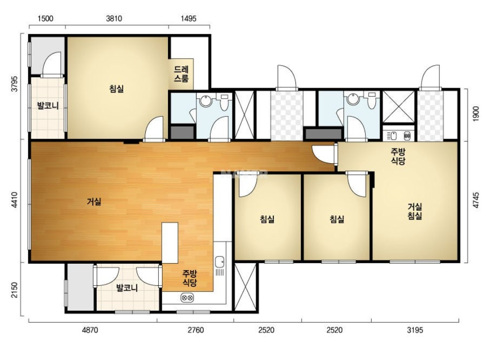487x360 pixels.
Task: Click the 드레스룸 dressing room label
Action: [x=181, y=74]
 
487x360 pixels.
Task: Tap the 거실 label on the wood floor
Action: [x=94, y=202]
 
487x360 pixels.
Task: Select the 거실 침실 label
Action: [x=415, y=211]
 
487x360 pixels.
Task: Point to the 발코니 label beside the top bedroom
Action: [x=48, y=105]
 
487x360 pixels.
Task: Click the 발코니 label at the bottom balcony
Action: [x=127, y=288]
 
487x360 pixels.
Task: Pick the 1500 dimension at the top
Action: [x=45, y=19]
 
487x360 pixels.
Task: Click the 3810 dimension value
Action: [x=114, y=19]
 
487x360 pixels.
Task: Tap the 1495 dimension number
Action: [x=188, y=19]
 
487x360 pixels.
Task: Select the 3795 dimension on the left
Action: [x=14, y=84]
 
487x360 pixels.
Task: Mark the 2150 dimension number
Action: [x=14, y=290]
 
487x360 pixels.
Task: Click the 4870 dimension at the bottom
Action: [x=90, y=330]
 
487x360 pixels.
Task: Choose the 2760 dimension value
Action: [x=196, y=330]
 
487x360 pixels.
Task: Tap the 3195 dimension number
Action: [x=415, y=330]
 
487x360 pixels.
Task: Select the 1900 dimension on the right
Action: [x=475, y=114]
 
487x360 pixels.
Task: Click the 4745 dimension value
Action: [x=475, y=200]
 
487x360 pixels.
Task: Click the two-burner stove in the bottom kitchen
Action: [x=187, y=297]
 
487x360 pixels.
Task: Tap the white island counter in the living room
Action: [x=170, y=243]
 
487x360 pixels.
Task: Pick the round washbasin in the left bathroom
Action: [x=205, y=101]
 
